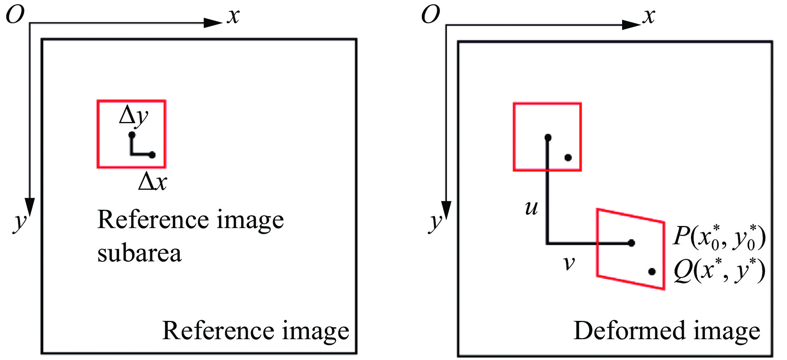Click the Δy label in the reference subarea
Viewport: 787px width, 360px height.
click(x=133, y=116)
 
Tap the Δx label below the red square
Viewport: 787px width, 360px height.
click(x=152, y=182)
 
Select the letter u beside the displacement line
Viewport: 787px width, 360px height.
click(x=531, y=207)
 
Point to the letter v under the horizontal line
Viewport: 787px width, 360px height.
click(x=569, y=263)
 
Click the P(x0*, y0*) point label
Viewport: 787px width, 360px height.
click(x=719, y=237)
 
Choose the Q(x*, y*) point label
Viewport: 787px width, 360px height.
click(x=719, y=271)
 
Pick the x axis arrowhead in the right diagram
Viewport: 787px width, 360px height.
click(x=631, y=25)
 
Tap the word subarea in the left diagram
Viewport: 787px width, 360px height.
click(x=139, y=253)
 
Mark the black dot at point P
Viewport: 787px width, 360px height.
click(x=631, y=243)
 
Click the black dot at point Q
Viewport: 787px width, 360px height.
click(x=652, y=272)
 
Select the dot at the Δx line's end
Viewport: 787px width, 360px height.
click(x=152, y=155)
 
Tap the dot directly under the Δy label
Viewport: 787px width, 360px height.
click(x=132, y=135)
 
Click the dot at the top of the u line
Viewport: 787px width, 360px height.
click(x=548, y=137)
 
